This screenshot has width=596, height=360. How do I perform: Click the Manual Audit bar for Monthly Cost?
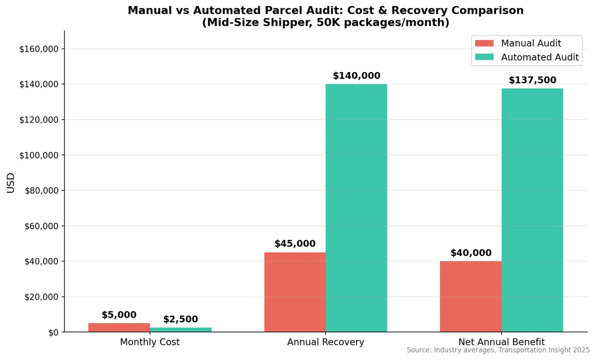coord(119,327)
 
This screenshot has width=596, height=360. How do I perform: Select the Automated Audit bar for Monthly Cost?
coord(181,330)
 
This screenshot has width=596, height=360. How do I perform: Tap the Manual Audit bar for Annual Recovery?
coord(295,292)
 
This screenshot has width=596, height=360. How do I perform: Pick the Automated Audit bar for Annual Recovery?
coord(357,208)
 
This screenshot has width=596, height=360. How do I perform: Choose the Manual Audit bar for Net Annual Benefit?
coord(471,296)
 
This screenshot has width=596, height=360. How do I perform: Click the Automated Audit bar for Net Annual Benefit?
coord(532,210)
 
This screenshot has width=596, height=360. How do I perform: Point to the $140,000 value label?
coord(357,76)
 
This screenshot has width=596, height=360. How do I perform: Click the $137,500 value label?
coord(532,80)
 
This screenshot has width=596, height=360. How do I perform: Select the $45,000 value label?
coord(295,244)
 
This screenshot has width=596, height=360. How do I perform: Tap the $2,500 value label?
coord(181,319)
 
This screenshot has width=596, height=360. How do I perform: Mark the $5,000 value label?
coord(119,315)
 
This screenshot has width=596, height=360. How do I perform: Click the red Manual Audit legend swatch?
coord(484,43)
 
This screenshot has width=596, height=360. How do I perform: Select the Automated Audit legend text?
coord(540,57)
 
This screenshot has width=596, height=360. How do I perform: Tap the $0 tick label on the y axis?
coord(53,332)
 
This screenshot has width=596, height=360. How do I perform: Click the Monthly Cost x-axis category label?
coord(150,342)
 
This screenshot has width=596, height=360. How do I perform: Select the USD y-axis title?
coord(10,183)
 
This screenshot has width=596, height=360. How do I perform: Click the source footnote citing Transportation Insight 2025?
coord(498,350)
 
